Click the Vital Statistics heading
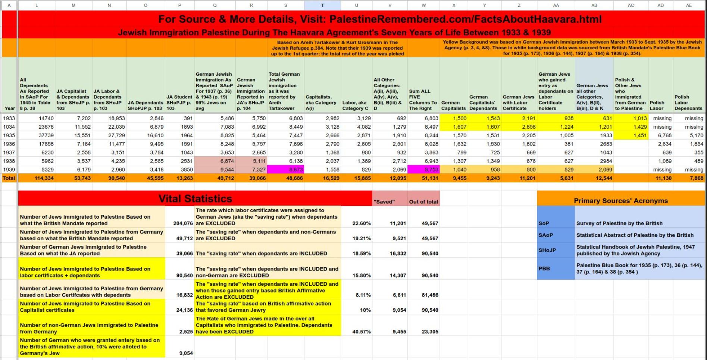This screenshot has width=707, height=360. (195, 198)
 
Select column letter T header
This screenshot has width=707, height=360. (322, 5)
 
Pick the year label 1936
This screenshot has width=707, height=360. (9, 144)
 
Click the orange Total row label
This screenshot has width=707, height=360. (9, 178)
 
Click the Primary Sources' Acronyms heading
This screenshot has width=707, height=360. (620, 201)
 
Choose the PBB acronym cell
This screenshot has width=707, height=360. (544, 268)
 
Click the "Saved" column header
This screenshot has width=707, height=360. (384, 202)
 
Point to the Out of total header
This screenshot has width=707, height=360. (423, 202)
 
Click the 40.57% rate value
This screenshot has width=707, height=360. (361, 332)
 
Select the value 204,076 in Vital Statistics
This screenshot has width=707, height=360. (183, 223)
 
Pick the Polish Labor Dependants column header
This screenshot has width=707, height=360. (688, 103)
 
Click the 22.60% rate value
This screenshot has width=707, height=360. (361, 223)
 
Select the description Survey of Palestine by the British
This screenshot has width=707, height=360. (619, 223)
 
